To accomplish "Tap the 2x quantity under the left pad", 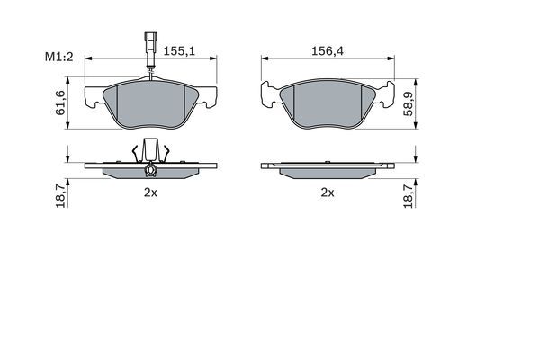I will [x=150, y=193].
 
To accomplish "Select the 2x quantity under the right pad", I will [x=328, y=193].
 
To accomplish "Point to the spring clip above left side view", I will [x=150, y=151].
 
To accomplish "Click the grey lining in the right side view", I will [x=328, y=171].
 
